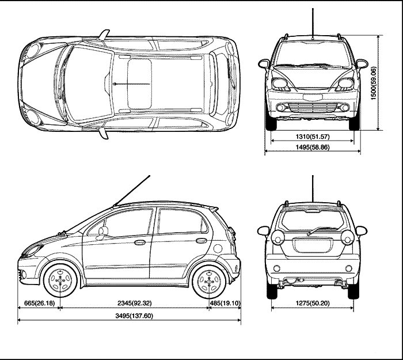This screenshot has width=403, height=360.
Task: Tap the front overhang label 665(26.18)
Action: coord(39,302)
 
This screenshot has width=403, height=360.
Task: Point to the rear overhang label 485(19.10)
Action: coord(225,302)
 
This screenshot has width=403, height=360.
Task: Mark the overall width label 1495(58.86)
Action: coord(313,148)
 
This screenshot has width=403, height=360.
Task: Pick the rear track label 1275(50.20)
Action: coord(313,302)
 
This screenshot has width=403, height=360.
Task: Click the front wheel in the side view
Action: coord(59,281)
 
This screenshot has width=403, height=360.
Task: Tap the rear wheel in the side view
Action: coord(208,281)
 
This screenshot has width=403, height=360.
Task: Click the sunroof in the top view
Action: coord(139,84)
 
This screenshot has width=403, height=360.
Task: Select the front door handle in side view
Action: coord(140,242)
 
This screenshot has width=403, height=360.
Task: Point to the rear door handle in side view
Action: coord(201,240)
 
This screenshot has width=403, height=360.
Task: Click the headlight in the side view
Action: coord(32,251)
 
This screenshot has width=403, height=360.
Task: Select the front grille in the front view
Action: coord(313,108)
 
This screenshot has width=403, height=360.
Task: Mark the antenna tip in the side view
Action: coord(150,175)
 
